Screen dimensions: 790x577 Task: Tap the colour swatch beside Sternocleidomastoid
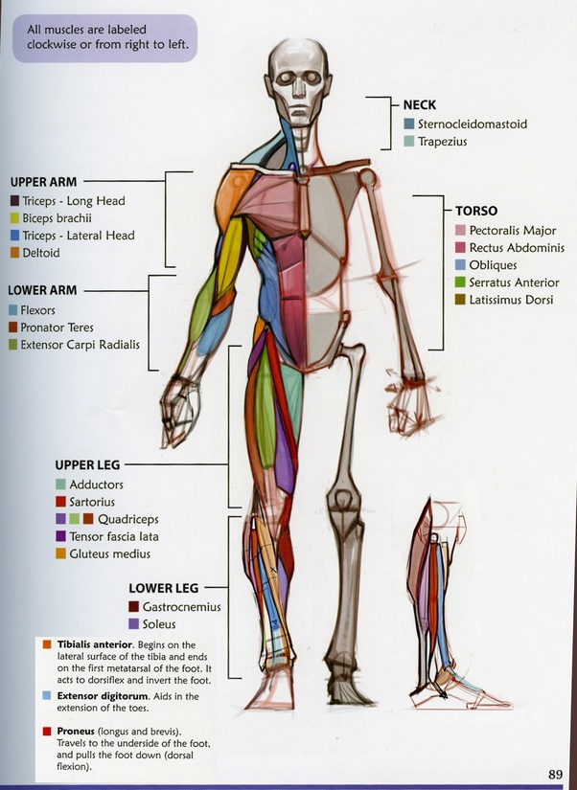tap(409, 124)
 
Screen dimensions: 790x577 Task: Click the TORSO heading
tap(476, 212)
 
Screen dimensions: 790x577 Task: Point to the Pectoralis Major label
tap(513, 231)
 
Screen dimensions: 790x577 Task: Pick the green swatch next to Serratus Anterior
tap(461, 282)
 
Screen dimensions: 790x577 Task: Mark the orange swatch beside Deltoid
tap(14, 253)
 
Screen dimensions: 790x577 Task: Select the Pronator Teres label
tap(59, 327)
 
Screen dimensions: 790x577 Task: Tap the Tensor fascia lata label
tap(113, 536)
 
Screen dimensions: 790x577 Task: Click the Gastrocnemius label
tap(181, 607)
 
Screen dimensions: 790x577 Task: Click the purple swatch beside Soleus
tap(134, 623)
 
